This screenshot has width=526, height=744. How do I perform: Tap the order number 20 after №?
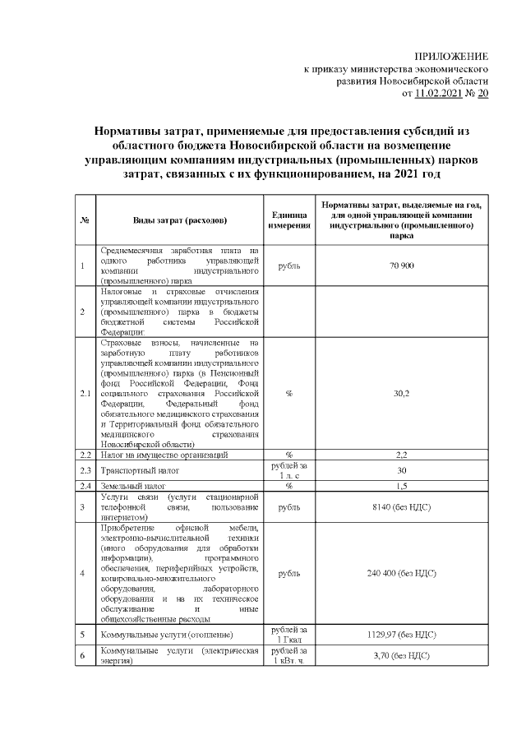click(482, 95)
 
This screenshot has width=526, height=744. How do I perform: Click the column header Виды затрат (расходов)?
click(180, 220)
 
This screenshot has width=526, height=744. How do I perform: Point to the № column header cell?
click(85, 220)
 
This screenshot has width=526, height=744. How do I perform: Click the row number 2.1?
click(85, 393)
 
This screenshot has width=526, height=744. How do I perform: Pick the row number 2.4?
click(85, 486)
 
